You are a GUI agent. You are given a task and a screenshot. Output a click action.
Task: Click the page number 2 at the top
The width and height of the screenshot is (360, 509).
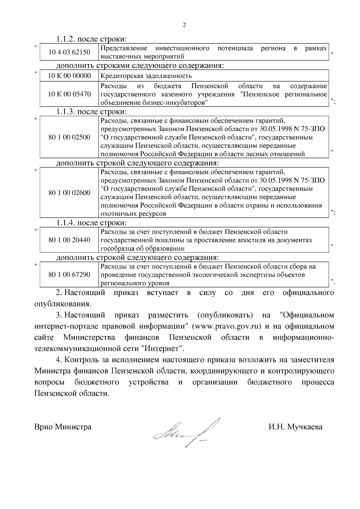[184, 25]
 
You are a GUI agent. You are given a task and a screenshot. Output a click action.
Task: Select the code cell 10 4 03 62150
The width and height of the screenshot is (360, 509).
[69, 52]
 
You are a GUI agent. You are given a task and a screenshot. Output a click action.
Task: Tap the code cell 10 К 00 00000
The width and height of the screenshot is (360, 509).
[69, 76]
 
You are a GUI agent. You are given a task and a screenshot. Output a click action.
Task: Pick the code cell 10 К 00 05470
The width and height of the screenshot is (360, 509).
[69, 94]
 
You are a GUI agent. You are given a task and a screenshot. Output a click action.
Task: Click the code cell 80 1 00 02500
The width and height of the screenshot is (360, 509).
[69, 137]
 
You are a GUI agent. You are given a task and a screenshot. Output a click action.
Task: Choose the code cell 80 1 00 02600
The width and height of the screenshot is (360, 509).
[69, 193]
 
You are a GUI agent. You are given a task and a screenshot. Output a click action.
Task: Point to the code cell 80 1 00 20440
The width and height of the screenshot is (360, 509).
[69, 240]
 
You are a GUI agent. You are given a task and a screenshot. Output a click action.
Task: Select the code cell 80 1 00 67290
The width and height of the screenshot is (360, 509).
[69, 275]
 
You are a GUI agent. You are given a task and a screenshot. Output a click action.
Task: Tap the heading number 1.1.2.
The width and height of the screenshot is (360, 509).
[65, 39]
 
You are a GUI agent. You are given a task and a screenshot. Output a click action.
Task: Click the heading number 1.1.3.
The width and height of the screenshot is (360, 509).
[65, 112]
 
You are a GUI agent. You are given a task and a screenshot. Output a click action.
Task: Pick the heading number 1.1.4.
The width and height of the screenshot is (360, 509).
[65, 223]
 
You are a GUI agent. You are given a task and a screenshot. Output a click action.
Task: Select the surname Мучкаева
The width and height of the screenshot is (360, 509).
[304, 427]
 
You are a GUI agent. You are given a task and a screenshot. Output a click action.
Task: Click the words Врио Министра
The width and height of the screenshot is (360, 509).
[63, 427]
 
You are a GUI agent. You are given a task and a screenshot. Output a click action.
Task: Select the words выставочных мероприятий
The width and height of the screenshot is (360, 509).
[142, 56]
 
